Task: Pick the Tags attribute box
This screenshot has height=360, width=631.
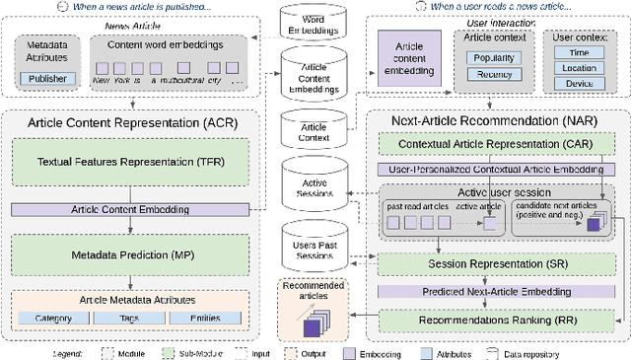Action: pyautogui.click(x=131, y=318)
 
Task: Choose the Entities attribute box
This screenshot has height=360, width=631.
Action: pyautogui.click(x=204, y=318)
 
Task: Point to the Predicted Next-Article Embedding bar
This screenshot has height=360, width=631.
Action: pyautogui.click(x=495, y=292)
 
